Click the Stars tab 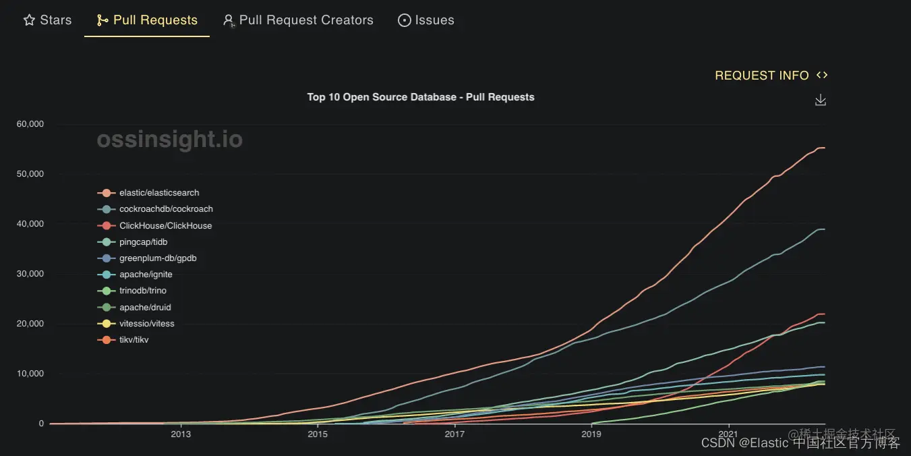point(48,20)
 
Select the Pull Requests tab point(148,20)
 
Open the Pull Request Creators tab point(298,20)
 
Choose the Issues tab point(426,20)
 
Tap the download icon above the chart point(821,100)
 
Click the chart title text point(421,97)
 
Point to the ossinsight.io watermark point(169,140)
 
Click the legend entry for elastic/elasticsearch point(159,193)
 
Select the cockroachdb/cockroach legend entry point(166,209)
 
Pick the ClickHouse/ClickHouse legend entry point(165,225)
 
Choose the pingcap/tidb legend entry point(142,241)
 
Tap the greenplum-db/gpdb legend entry point(158,258)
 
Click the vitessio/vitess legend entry point(146,324)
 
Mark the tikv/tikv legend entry point(134,340)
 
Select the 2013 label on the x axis point(181,434)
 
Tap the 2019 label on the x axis point(591,434)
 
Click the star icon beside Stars point(29,20)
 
